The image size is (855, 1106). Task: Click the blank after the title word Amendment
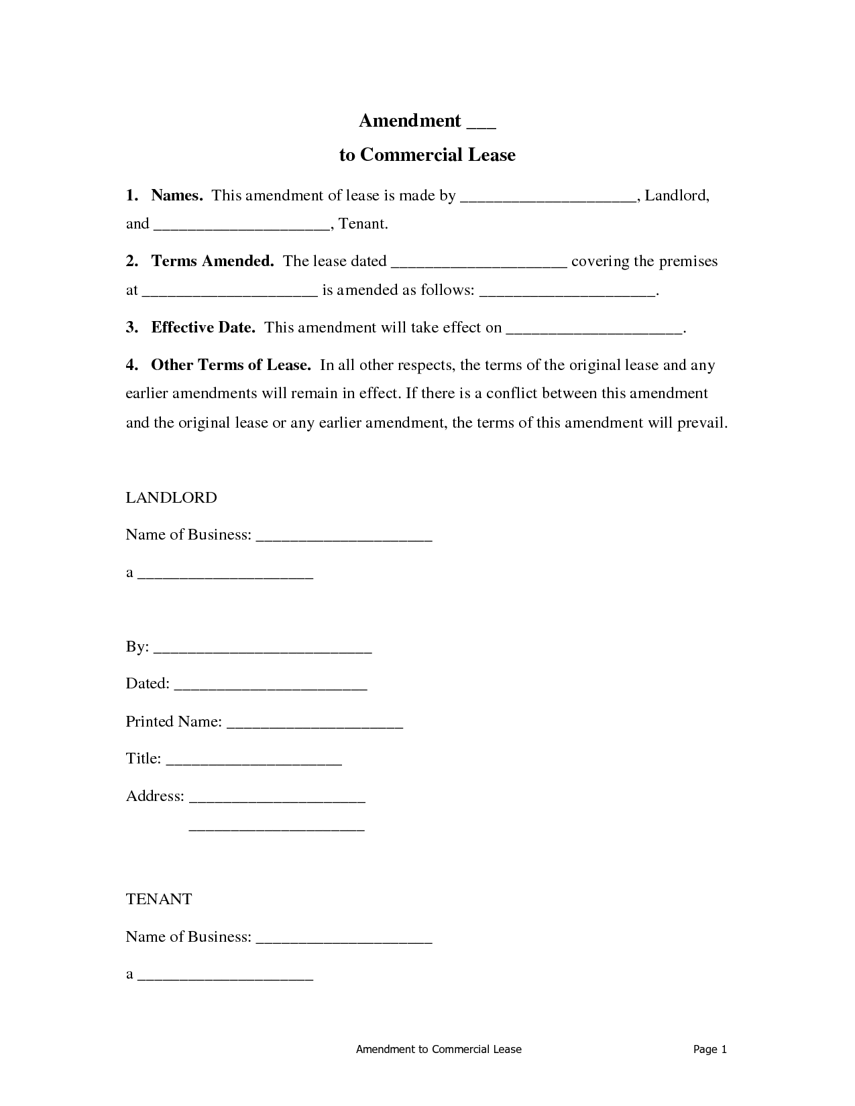click(x=481, y=125)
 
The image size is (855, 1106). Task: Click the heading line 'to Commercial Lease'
click(x=427, y=155)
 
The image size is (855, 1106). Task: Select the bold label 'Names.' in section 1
click(x=177, y=196)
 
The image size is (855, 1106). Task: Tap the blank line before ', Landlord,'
click(x=548, y=200)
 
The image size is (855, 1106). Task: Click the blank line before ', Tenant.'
click(x=242, y=228)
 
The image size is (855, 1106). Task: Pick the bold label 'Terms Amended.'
click(x=213, y=261)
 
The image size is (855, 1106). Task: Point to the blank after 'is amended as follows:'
click(x=569, y=294)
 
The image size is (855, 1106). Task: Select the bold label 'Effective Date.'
click(x=203, y=327)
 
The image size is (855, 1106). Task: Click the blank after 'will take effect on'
click(x=593, y=331)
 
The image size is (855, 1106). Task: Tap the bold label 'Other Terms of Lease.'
click(x=231, y=365)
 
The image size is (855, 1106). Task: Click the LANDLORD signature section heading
click(x=172, y=497)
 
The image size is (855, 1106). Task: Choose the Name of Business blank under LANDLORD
click(x=344, y=538)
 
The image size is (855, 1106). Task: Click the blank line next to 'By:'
click(x=263, y=651)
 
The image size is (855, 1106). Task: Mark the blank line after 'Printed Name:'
click(x=315, y=726)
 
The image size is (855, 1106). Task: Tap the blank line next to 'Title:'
click(x=253, y=763)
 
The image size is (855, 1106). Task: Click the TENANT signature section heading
click(x=159, y=899)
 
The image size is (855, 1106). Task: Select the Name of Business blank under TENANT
click(x=344, y=940)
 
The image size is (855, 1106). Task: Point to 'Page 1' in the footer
click(x=709, y=1049)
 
